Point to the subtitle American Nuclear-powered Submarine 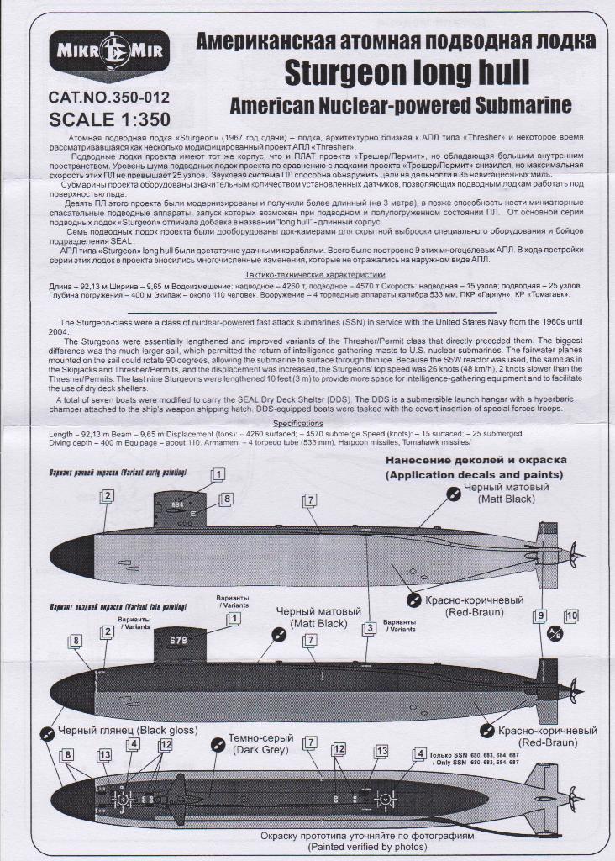401,106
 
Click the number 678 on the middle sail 178,641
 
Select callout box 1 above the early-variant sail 218,475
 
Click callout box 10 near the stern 571,616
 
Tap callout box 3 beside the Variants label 369,628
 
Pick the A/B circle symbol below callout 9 555,634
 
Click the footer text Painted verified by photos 307,848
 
